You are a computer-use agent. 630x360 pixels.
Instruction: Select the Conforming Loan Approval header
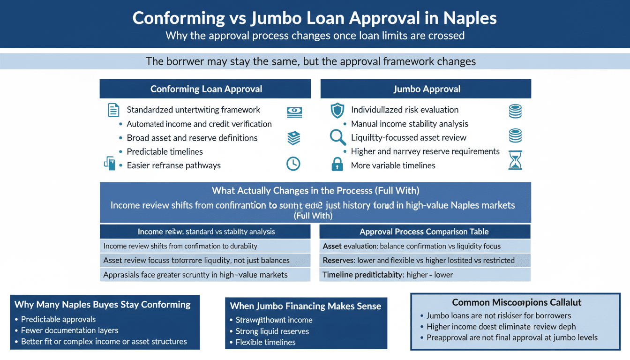[x=206, y=89]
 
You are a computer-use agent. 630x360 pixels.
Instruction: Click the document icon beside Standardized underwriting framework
[x=113, y=110]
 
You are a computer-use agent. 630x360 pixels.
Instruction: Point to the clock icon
[x=293, y=164]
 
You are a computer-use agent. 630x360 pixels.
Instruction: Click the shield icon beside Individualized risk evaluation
[x=337, y=111]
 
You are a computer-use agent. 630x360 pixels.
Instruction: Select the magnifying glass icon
[x=337, y=137]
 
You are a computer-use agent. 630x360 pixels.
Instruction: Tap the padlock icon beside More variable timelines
[x=337, y=164]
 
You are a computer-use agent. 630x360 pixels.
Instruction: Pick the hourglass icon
[x=515, y=160]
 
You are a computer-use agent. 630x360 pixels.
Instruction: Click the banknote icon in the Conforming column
[x=294, y=112]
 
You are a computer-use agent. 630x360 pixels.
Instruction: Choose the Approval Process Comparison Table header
[x=424, y=232]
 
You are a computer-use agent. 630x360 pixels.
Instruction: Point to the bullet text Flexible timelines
[x=265, y=342]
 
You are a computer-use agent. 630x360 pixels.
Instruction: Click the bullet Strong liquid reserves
[x=272, y=331]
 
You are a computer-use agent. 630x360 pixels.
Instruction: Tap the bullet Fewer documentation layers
[x=70, y=330]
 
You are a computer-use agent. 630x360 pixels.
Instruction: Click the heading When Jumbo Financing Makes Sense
[x=306, y=306]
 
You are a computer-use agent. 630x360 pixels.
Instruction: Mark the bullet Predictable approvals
[x=59, y=319]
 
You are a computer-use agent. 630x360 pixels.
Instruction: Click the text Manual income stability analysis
[x=410, y=124]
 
